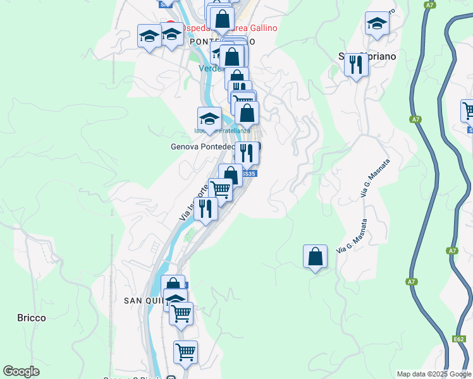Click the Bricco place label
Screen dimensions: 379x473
tap(31, 318)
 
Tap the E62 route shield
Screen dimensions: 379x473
tap(460, 340)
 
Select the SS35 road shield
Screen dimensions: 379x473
tap(249, 174)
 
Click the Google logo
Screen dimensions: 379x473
tap(21, 371)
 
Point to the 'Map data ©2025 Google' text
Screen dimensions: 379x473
tap(433, 374)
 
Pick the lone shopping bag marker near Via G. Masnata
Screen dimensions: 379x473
tap(315, 256)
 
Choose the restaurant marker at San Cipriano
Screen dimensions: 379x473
tap(357, 64)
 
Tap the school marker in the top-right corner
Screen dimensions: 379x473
tap(377, 23)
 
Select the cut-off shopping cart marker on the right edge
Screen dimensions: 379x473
tap(468, 111)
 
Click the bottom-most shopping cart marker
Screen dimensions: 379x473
tap(185, 352)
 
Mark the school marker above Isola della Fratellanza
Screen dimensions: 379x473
tap(209, 117)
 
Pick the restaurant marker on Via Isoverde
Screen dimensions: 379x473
tap(205, 208)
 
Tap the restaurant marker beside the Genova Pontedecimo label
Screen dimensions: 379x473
tap(247, 152)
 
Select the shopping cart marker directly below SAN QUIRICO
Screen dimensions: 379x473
tap(181, 313)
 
